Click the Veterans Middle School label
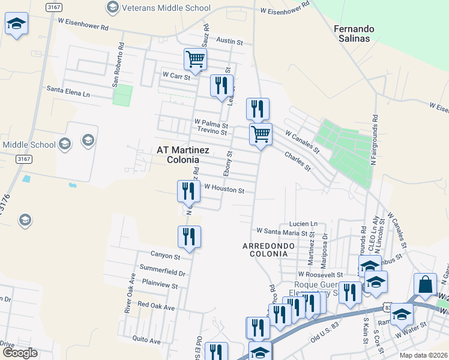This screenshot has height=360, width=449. (166, 8)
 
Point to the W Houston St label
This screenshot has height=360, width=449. (224, 190)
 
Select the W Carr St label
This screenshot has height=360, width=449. (176, 76)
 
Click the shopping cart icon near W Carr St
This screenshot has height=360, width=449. (195, 59)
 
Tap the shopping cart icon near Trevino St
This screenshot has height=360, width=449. (261, 134)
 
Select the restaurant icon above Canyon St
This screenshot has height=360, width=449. (190, 236)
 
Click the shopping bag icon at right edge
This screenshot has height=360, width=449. (425, 284)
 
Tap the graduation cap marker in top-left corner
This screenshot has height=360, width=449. (17, 24)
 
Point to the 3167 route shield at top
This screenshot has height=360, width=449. (53, 7)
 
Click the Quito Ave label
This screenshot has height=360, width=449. (146, 340)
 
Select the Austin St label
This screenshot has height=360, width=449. (230, 43)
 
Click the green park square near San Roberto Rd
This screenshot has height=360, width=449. (122, 95)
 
